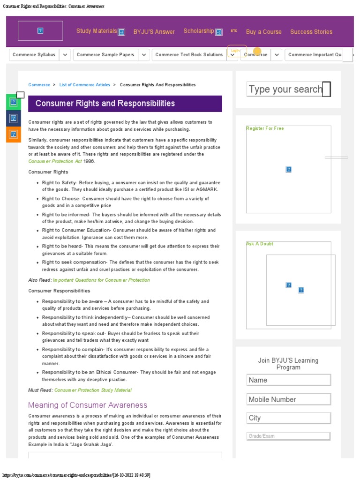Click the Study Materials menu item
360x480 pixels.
[97, 31]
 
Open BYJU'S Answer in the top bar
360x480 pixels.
[154, 32]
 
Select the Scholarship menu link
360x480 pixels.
[199, 31]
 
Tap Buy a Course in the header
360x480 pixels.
[263, 32]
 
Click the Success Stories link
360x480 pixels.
[311, 32]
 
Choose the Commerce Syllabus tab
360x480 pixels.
[34, 55]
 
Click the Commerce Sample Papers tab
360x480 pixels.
[105, 55]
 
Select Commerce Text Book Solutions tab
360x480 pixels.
[189, 55]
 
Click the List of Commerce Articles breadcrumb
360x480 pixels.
[85, 85]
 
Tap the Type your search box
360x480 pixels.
[285, 89]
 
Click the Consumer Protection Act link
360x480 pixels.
[55, 161]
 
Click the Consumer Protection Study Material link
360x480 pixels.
[93, 390]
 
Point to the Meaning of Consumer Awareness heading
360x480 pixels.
[88, 405]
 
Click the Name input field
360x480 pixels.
[288, 380]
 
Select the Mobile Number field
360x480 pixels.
[288, 399]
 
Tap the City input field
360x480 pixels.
[288, 418]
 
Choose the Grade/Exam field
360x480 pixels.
[288, 436]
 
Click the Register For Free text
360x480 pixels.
[265, 128]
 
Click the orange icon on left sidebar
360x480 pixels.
[14, 134]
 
